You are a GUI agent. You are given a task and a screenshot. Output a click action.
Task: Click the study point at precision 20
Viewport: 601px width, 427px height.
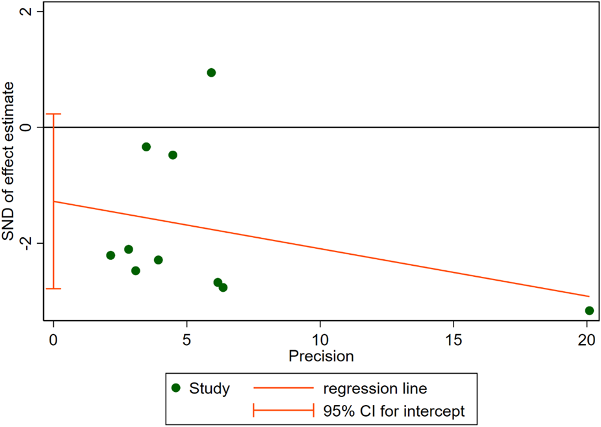[589, 311]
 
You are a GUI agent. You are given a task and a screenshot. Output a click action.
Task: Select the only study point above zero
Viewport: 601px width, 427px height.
[211, 72]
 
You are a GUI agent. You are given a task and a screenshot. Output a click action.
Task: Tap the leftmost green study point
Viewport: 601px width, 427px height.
[110, 255]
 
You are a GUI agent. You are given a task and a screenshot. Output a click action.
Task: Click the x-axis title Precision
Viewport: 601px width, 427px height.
[321, 356]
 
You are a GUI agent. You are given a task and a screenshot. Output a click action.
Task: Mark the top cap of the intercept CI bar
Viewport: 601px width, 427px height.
[53, 114]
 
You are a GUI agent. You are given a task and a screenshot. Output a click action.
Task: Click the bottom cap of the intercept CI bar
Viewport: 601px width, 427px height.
[53, 289]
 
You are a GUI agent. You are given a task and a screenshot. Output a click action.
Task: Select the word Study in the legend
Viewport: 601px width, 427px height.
[209, 389]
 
